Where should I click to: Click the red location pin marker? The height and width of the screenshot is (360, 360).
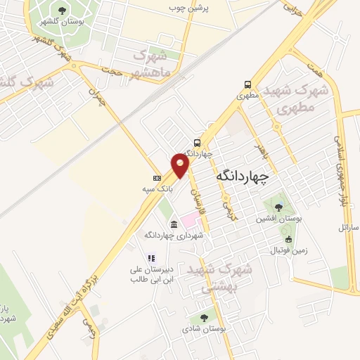tap(181, 165)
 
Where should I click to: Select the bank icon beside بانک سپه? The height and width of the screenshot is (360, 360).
tap(157, 177)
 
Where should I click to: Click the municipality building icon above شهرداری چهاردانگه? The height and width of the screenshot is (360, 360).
tap(173, 224)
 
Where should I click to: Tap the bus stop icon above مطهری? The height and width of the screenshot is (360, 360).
tap(247, 83)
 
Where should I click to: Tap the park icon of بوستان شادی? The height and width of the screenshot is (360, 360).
tap(203, 317)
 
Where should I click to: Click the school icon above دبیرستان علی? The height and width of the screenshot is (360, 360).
tap(150, 258)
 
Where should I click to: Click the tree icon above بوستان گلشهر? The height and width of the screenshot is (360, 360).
tap(63, 10)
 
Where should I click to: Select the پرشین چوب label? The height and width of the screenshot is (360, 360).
tap(189, 8)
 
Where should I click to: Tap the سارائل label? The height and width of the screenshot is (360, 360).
tap(348, 228)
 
